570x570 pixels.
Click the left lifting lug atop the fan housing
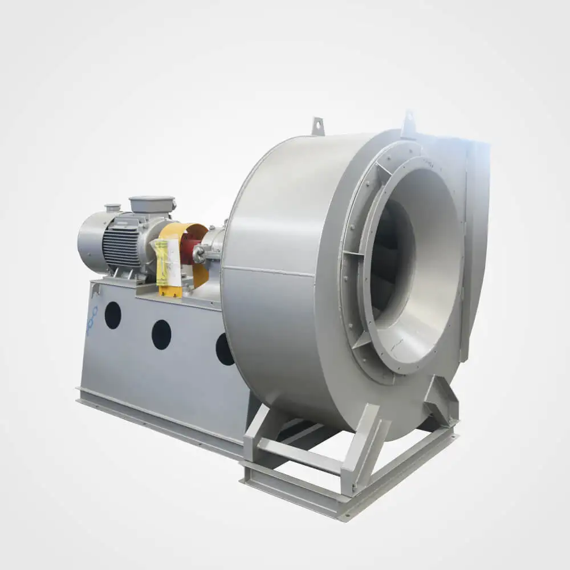pos(317,126)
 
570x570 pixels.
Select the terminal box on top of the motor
pos(152,205)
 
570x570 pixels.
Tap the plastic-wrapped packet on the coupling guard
pos(162,262)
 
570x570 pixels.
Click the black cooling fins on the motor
pos(121,242)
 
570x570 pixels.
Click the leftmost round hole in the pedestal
pos(112,315)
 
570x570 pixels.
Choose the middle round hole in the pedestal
pos(161,335)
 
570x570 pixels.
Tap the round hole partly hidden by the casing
pos(223,349)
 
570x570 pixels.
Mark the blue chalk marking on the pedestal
pos(92,320)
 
